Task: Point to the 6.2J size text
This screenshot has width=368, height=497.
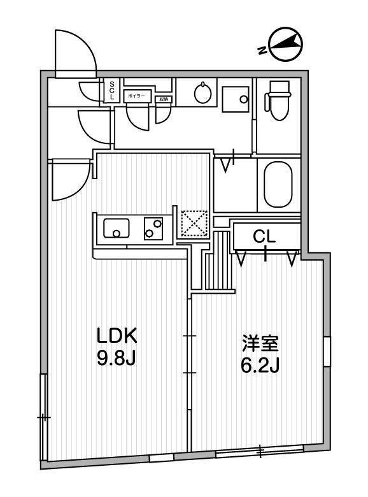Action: (x=260, y=367)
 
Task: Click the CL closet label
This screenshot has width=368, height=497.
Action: (x=264, y=237)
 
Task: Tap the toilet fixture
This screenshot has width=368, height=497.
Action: (x=278, y=102)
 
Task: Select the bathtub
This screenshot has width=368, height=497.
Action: (x=278, y=185)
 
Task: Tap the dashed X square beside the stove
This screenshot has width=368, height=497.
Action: (x=194, y=224)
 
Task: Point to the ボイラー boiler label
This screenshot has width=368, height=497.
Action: (x=136, y=95)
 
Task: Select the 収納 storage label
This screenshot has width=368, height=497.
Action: (x=164, y=99)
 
